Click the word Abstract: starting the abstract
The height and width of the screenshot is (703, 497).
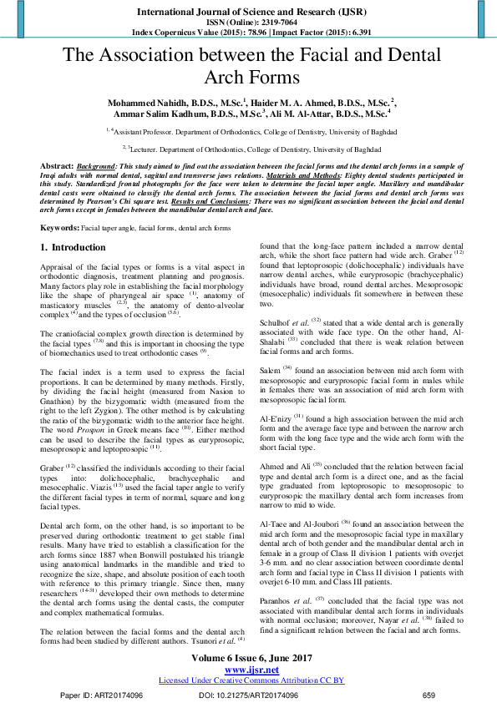pos(58,167)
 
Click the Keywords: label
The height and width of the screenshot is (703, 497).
pos(60,227)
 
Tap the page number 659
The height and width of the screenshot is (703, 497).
pos(429,695)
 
